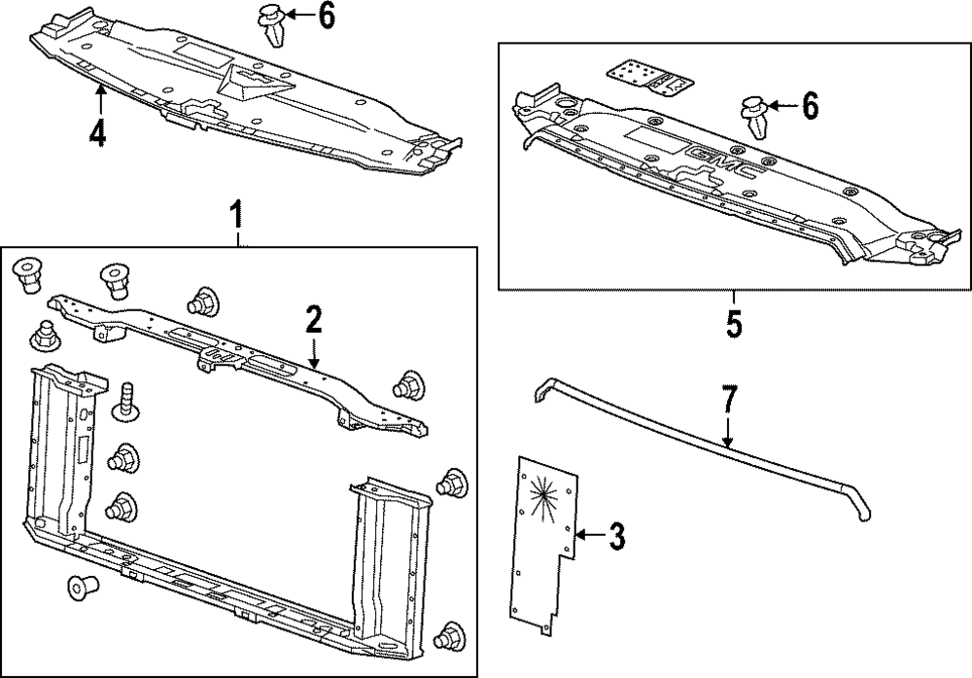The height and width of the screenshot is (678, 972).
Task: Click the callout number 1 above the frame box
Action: [x=236, y=211]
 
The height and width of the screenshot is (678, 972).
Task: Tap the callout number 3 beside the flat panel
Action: [x=615, y=534]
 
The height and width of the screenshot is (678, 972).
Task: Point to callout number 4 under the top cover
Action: [x=97, y=132]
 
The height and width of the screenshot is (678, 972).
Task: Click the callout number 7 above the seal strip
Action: [x=729, y=402]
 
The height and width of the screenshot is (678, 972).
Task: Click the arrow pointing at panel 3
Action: [x=587, y=534]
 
